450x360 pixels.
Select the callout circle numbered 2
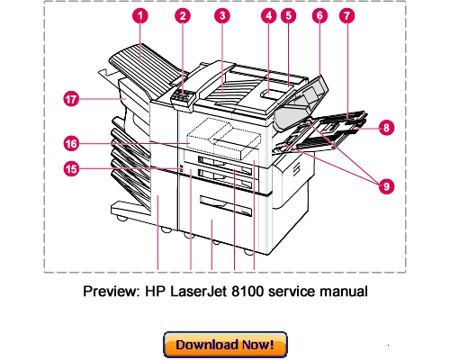(x=183, y=16)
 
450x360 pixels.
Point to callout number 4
(x=268, y=16)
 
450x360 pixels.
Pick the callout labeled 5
(x=288, y=16)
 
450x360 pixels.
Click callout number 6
(x=318, y=16)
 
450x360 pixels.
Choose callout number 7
(x=347, y=16)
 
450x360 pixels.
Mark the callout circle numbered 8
(x=385, y=127)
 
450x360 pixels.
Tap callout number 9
(x=385, y=185)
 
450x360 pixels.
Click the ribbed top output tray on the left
(x=135, y=63)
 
